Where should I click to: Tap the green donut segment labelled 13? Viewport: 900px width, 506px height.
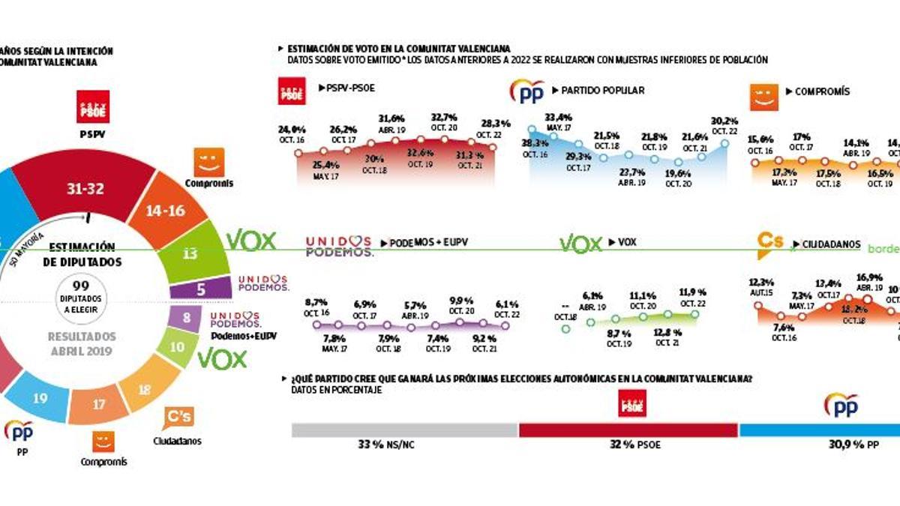pos(190,253)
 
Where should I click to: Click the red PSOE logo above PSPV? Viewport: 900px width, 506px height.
pos(94,106)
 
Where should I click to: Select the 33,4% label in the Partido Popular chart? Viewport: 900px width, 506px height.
pos(554,117)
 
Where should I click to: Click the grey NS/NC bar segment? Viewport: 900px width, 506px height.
pos(404,430)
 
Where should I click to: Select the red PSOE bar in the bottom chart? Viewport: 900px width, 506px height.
pos(628,430)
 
